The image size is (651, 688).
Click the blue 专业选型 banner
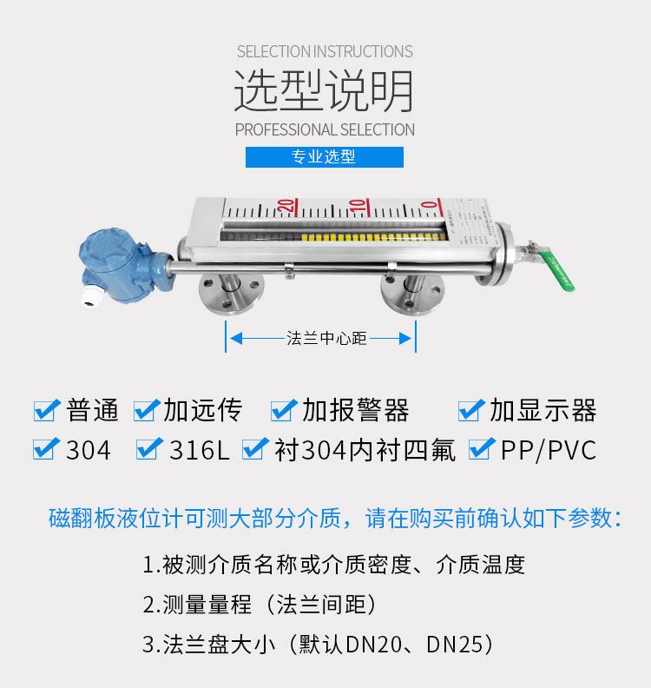pos(325,157)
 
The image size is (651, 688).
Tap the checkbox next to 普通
pos(46,411)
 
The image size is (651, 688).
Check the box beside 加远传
pos(146,411)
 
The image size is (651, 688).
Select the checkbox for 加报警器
pos(284,411)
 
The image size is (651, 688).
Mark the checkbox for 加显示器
pos(471,411)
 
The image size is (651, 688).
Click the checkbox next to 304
pos(46,449)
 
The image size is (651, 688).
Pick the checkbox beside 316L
pos(149,449)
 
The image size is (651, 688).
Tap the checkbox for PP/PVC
pos(482,449)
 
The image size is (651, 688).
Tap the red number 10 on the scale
pos(358,207)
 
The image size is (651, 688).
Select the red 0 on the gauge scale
pos(431,206)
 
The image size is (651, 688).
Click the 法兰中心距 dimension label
pos(326,338)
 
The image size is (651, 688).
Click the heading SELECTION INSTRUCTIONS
pos(325,52)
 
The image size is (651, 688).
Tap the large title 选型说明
pos(324,91)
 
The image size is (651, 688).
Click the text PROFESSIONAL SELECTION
pos(325,130)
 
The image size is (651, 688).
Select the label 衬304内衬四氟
pos(365,450)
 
